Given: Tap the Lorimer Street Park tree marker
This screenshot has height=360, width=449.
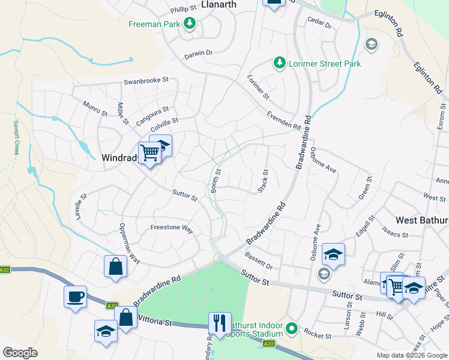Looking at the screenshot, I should pos(279,63).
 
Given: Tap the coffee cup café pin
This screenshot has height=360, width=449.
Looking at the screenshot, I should pos(76,297).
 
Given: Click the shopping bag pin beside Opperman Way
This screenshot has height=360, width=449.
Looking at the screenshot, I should pos(115,266).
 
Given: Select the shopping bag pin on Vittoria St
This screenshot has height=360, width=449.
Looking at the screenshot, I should pos(125,318).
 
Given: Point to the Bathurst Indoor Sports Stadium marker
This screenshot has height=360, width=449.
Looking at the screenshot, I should pos(292,328).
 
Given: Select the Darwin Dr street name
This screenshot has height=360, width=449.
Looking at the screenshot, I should pos(198,53).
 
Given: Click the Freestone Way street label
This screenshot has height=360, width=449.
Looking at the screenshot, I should pos(172,229).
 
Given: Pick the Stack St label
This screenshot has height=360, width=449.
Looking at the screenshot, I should pos(262,181).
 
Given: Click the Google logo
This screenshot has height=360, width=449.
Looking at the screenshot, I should pos(20,353).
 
